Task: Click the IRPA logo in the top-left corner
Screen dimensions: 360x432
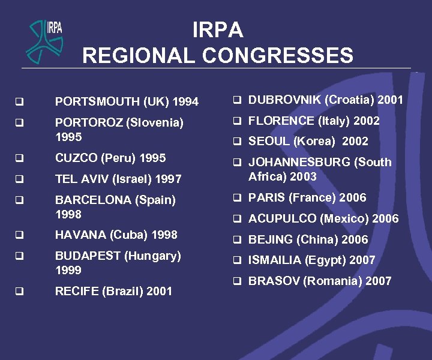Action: [46, 40]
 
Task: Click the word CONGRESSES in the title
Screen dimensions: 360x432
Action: [277, 56]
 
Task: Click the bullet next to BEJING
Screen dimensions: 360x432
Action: [238, 239]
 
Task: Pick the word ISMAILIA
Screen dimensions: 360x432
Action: [274, 260]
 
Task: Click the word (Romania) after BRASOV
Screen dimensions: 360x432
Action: [332, 281]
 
